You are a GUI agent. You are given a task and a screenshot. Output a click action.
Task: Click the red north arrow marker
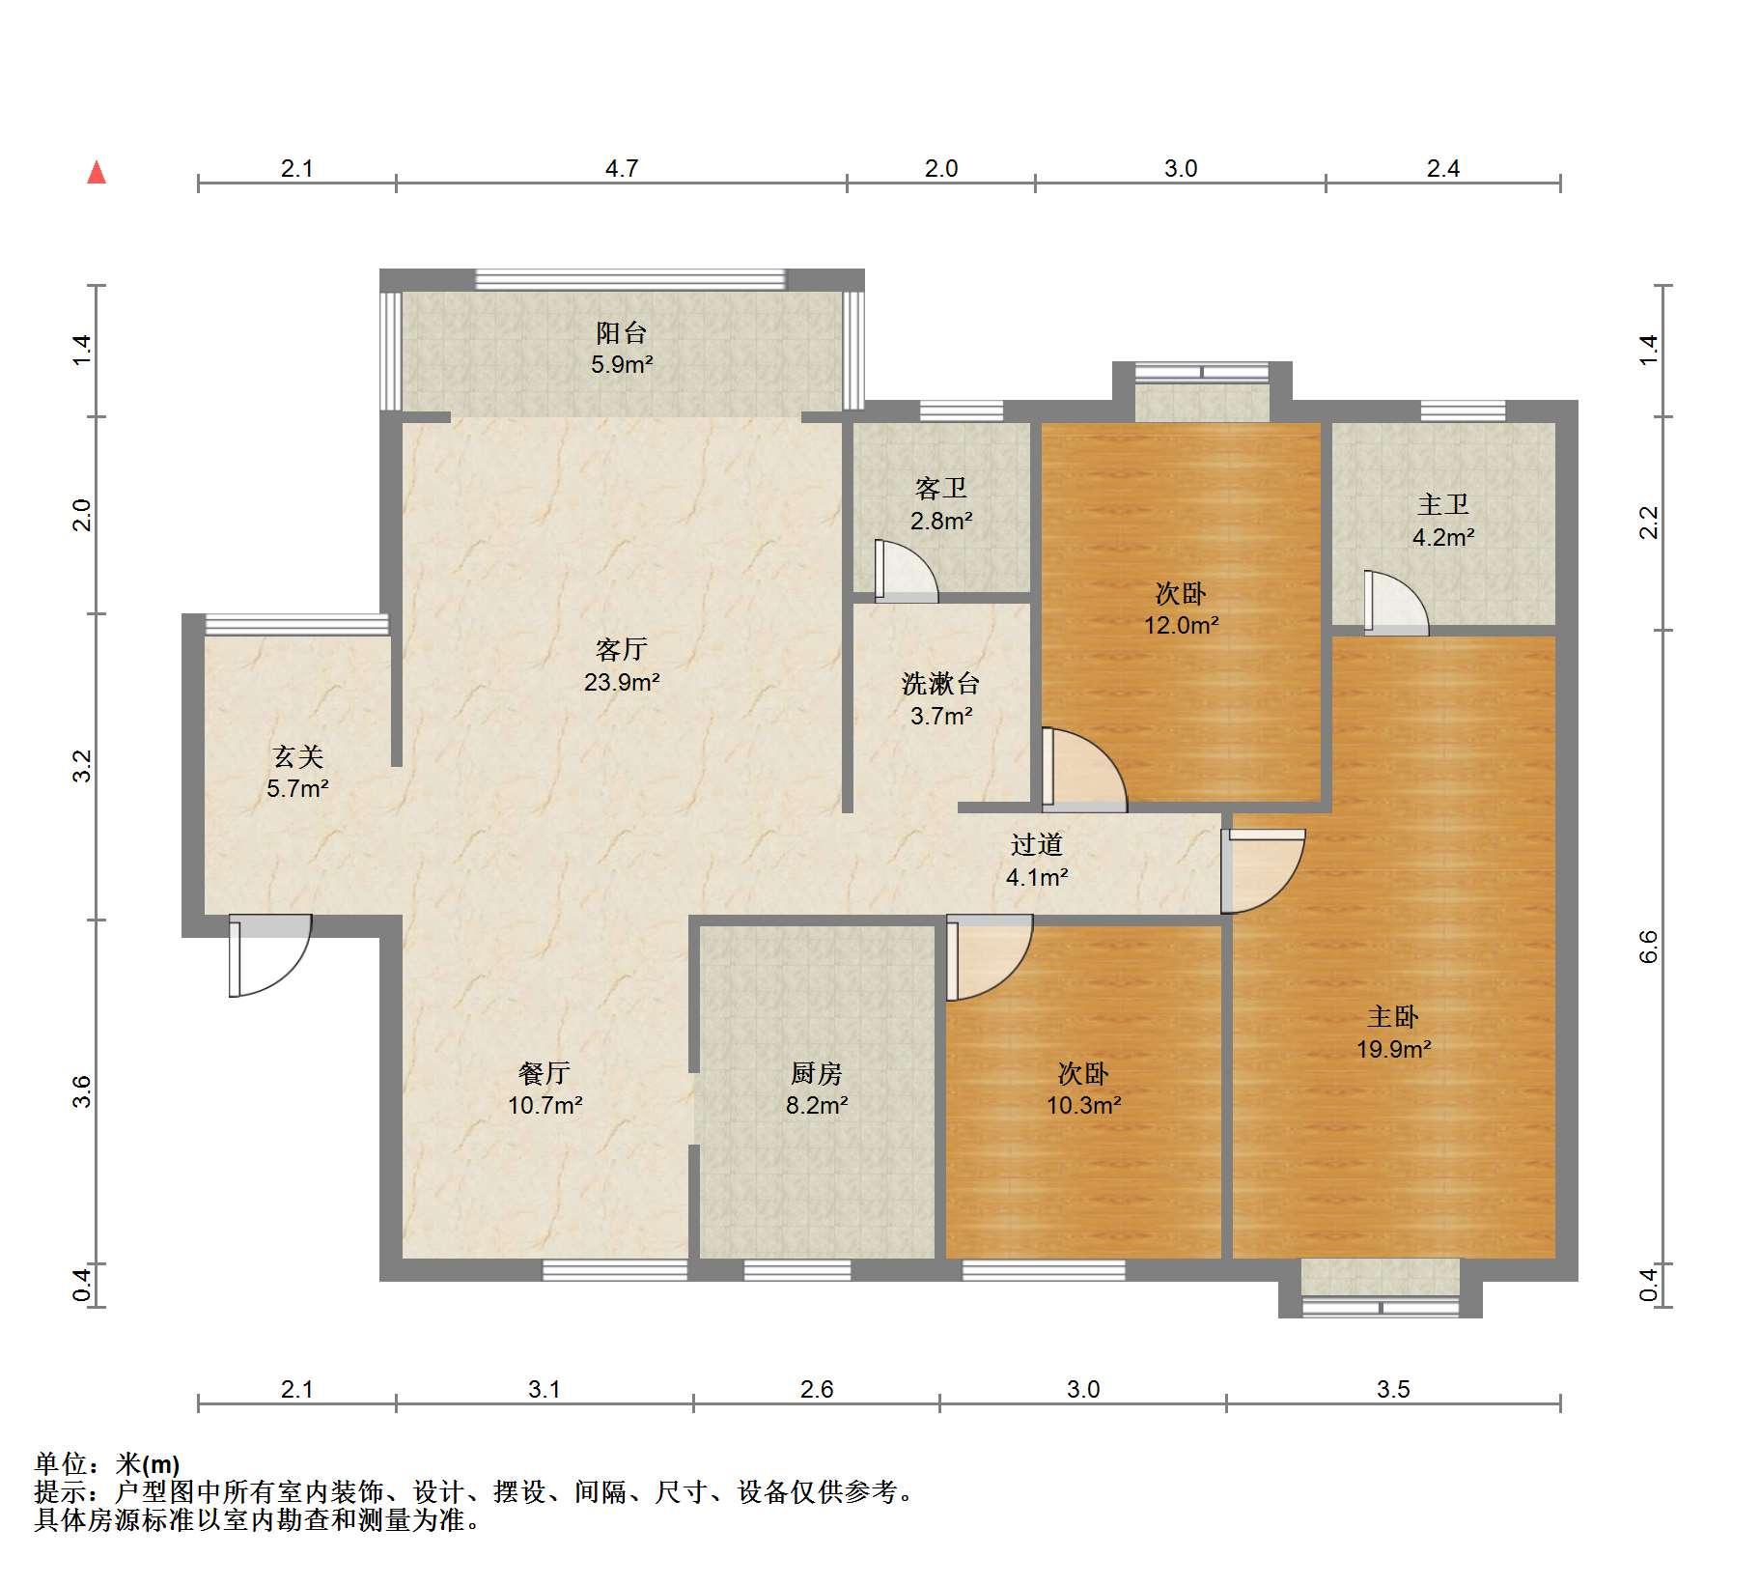click(97, 173)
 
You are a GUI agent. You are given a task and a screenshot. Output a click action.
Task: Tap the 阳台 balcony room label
click(621, 333)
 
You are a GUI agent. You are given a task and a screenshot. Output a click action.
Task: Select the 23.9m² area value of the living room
click(621, 682)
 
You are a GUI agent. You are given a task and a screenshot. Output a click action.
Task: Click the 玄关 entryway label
click(297, 757)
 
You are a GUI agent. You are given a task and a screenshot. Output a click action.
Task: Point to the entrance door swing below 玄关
click(269, 955)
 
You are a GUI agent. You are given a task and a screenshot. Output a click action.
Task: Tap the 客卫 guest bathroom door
click(906, 571)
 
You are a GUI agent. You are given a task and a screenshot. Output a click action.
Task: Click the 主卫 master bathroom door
click(1396, 603)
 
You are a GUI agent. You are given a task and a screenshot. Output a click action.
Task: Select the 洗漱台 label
click(940, 684)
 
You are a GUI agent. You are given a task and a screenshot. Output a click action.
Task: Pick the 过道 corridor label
click(1037, 845)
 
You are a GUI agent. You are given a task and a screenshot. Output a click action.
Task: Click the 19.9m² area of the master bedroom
click(1393, 1048)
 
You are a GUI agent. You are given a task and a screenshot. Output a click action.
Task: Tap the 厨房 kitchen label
click(816, 1073)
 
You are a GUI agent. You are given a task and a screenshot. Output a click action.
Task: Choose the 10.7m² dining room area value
click(545, 1105)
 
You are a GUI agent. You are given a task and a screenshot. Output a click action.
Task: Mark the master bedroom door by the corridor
click(1263, 871)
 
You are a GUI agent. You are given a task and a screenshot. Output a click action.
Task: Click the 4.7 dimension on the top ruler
click(622, 169)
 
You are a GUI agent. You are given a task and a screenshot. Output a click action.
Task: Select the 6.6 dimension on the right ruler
click(1648, 947)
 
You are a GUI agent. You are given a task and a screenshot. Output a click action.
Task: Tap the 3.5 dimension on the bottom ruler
click(1393, 1389)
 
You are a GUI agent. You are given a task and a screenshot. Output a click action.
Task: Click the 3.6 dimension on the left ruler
click(83, 1091)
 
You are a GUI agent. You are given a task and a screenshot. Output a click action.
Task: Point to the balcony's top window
click(631, 279)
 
